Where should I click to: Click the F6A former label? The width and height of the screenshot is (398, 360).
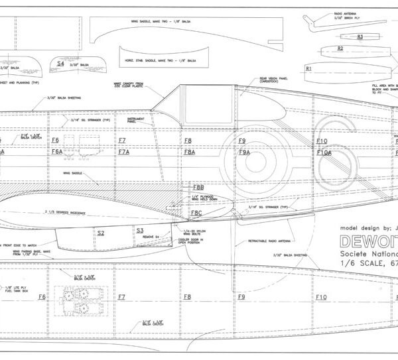point(57,152)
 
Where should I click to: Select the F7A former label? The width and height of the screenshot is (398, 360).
point(123,152)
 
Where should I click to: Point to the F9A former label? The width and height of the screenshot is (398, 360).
point(244,152)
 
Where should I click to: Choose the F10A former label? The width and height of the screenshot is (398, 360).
point(324,152)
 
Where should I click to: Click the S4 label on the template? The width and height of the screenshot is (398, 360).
point(60,64)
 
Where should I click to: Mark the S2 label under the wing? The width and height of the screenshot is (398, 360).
point(101,233)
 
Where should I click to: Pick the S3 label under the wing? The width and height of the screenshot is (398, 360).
point(140,230)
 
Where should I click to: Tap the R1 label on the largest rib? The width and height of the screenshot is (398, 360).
point(308,68)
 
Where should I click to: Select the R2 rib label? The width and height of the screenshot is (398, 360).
point(340,48)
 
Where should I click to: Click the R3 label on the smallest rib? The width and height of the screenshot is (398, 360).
point(360,36)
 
